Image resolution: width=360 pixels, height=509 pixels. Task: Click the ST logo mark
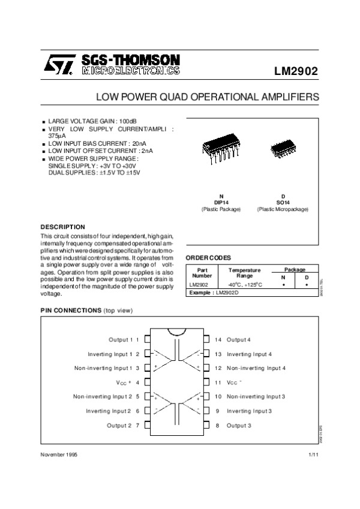click(x=58, y=64)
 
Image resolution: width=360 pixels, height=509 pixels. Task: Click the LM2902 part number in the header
click(x=296, y=71)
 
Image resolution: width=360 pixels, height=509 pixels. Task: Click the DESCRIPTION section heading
click(x=62, y=227)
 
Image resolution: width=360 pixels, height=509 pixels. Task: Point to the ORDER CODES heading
click(x=208, y=257)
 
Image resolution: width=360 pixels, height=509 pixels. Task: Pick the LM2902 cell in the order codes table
click(x=198, y=284)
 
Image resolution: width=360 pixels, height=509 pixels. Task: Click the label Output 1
click(x=121, y=340)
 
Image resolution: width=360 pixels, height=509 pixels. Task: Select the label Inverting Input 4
click(x=249, y=354)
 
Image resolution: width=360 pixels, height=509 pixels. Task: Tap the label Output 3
click(x=239, y=425)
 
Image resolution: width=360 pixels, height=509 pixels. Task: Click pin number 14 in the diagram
click(x=218, y=340)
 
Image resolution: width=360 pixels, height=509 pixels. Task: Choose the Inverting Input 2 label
click(x=108, y=411)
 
